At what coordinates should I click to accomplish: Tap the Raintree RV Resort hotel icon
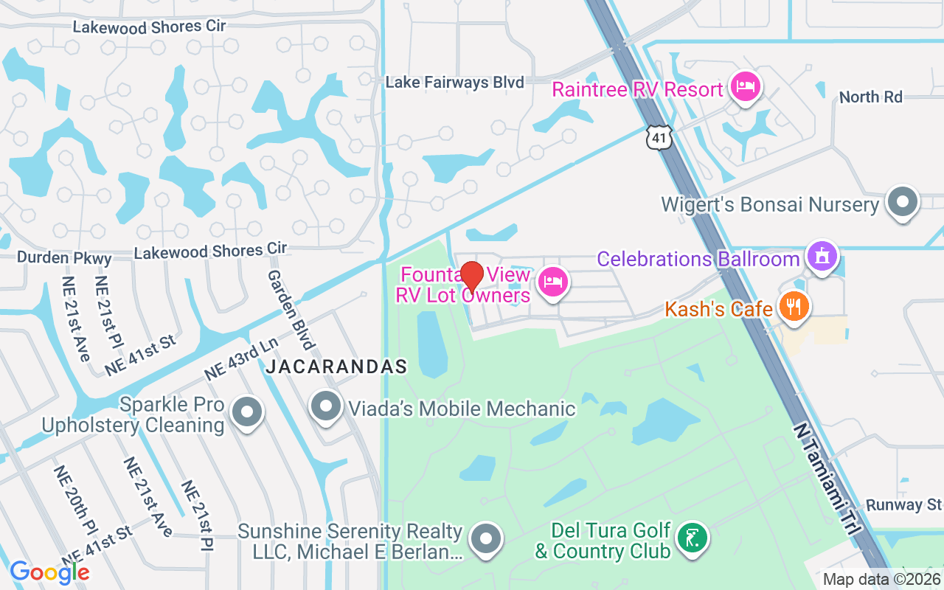tap(745, 86)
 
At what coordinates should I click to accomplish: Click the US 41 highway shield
tap(659, 137)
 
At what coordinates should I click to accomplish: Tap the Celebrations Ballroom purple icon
tap(821, 256)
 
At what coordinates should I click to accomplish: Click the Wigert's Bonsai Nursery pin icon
tap(903, 201)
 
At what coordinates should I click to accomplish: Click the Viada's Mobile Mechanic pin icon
tap(325, 406)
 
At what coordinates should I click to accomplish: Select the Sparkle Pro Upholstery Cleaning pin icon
tap(247, 412)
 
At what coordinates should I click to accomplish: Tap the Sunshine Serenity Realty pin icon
tap(485, 538)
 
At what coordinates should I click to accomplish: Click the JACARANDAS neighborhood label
tap(336, 367)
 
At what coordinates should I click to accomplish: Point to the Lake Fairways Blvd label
tap(454, 83)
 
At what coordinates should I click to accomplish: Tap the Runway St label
tap(903, 505)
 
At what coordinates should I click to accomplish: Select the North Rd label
tap(870, 97)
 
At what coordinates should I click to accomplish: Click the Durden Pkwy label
tap(64, 258)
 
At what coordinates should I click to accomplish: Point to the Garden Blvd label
tap(291, 308)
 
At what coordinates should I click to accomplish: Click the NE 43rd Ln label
tap(241, 360)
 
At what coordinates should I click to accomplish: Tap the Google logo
tap(49, 572)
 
